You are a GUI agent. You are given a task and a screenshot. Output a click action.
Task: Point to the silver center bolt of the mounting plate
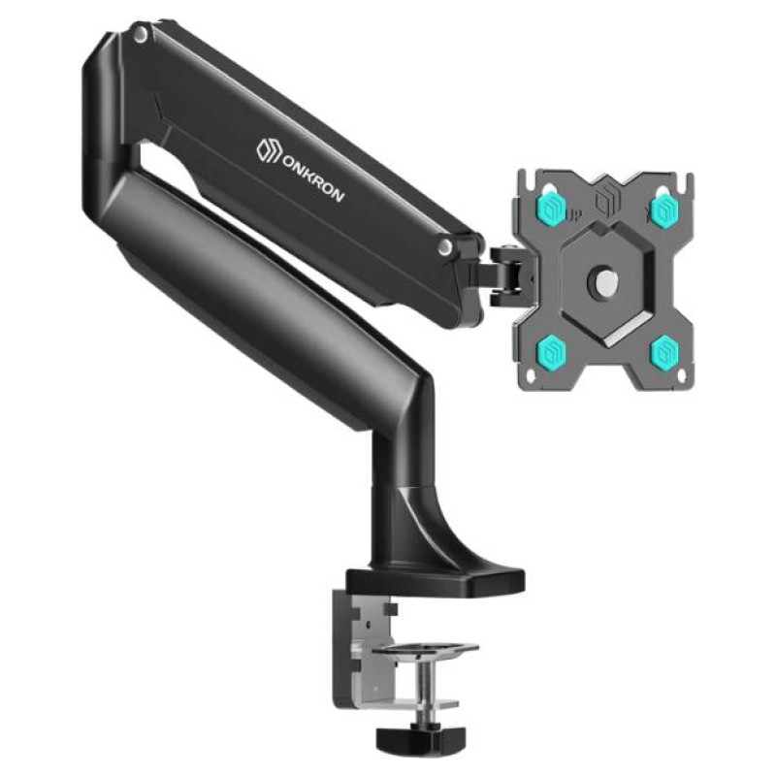[602, 281]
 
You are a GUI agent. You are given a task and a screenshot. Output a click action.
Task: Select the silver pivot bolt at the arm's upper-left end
[141, 36]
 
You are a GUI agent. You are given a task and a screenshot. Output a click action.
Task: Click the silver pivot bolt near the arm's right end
[444, 247]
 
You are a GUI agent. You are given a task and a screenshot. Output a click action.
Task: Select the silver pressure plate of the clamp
[435, 646]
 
